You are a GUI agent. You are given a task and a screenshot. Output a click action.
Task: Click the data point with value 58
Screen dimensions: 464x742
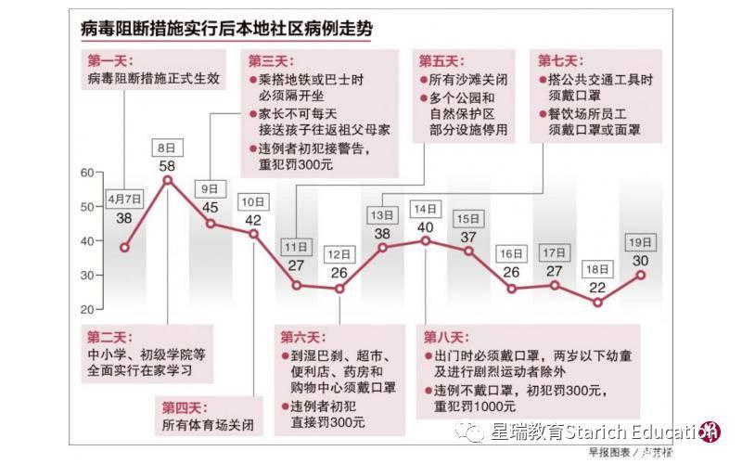(x=168, y=179)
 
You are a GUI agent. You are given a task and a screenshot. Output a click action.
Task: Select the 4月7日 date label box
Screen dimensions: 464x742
(x=124, y=199)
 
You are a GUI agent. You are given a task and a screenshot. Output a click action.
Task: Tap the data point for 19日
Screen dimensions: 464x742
(x=640, y=275)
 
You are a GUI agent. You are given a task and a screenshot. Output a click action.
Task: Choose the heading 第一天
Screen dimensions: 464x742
(x=109, y=61)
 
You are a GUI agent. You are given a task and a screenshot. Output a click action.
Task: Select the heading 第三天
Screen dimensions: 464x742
(x=268, y=61)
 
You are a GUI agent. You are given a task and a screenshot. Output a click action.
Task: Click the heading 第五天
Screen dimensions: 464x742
(x=440, y=61)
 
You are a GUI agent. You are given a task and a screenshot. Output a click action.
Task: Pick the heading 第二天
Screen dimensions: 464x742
(x=109, y=335)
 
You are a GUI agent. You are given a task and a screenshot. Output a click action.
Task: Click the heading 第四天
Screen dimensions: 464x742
(x=183, y=406)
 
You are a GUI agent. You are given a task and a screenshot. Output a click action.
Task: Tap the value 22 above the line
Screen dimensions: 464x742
(x=597, y=288)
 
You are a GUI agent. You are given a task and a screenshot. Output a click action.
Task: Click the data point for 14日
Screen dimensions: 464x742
(x=426, y=240)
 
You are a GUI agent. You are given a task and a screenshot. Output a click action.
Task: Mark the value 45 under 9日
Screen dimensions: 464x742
(x=211, y=207)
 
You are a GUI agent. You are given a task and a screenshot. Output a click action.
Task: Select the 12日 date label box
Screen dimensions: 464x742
(x=339, y=253)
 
